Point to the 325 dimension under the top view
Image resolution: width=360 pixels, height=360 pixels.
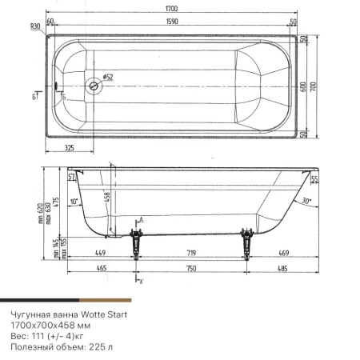click(x=69, y=150)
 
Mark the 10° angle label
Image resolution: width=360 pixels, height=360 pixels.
click(x=74, y=202)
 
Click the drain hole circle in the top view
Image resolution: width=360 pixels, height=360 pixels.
click(x=94, y=86)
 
